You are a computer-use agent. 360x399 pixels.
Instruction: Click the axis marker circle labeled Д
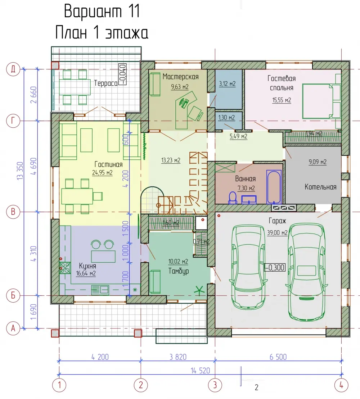tap(13, 69)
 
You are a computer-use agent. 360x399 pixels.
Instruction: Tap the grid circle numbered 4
tap(341, 385)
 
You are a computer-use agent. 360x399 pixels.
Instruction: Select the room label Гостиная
tap(108, 164)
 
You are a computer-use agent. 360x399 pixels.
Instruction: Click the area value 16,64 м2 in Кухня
tap(86, 273)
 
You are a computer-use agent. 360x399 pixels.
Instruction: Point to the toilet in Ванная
tap(233, 198)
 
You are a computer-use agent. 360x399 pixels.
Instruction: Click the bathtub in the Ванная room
tap(274, 187)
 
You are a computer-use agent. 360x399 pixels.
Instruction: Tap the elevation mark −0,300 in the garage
tap(275, 267)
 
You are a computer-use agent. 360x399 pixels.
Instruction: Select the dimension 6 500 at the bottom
tap(278, 357)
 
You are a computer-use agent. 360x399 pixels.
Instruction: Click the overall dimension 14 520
tap(201, 371)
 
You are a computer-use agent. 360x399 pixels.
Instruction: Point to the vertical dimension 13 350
tap(20, 171)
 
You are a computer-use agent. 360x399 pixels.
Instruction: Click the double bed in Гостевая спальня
tap(321, 101)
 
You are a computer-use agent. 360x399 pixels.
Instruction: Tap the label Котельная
tap(320, 187)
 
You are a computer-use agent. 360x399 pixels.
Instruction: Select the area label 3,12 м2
tap(228, 84)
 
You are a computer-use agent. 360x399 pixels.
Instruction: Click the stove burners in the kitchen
tap(65, 268)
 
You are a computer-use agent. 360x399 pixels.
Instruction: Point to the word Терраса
tap(105, 83)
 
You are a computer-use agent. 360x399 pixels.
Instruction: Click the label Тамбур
tap(179, 271)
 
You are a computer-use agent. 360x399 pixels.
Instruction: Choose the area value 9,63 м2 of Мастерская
tap(180, 87)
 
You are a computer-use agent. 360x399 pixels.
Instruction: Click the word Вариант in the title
tap(93, 12)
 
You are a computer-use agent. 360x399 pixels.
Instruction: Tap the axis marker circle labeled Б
tap(13, 295)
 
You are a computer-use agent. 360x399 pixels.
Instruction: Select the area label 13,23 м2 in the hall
tap(171, 160)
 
